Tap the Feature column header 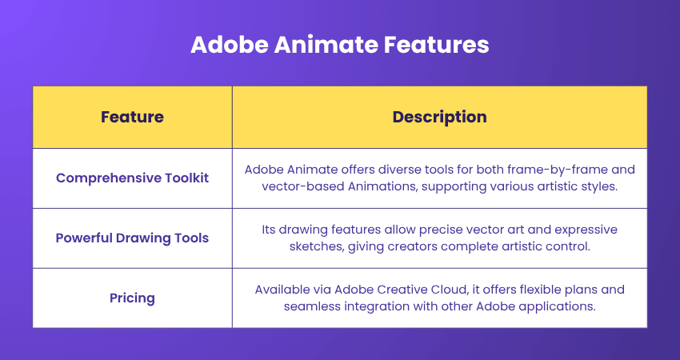tap(132, 117)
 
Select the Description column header tap(439, 117)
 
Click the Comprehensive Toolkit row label tap(132, 178)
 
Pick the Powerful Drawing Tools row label tap(132, 238)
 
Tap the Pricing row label tap(132, 298)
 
